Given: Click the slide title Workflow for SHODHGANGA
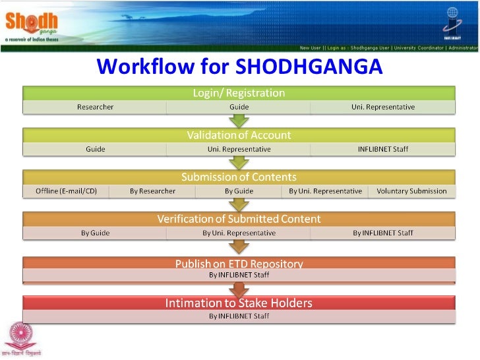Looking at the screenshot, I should pyautogui.click(x=239, y=67).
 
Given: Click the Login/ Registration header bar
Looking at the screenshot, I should pyautogui.click(x=239, y=93).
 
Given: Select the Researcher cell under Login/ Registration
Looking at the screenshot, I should pyautogui.click(x=95, y=107).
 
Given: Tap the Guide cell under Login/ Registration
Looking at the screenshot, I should pyautogui.click(x=239, y=107).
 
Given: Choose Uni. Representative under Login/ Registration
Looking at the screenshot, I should pyautogui.click(x=382, y=107).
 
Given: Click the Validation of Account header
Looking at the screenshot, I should pyautogui.click(x=239, y=135).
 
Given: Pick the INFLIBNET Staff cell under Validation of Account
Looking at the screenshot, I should pyautogui.click(x=382, y=149).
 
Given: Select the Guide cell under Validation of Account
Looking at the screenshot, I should pyautogui.click(x=95, y=149).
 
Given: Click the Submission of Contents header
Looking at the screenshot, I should pyautogui.click(x=239, y=177).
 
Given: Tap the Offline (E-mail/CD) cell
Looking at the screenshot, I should pyautogui.click(x=66, y=191).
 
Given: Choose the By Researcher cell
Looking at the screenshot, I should pyautogui.click(x=152, y=191).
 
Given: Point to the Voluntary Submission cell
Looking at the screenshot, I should pyautogui.click(x=411, y=191).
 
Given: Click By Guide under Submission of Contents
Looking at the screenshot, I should pyautogui.click(x=239, y=191).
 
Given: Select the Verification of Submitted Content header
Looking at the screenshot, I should pyautogui.click(x=239, y=219).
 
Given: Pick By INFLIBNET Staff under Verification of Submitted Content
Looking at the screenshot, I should pyautogui.click(x=382, y=233).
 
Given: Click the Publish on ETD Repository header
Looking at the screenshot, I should pyautogui.click(x=239, y=264).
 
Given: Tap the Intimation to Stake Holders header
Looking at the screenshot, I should pyautogui.click(x=239, y=303).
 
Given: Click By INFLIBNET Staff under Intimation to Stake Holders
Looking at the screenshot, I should pyautogui.click(x=239, y=316).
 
